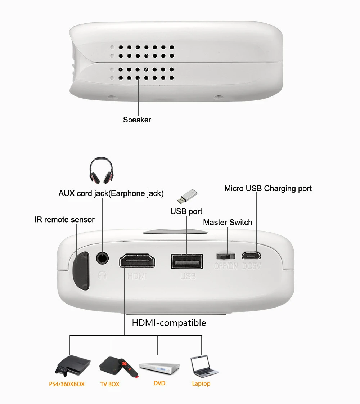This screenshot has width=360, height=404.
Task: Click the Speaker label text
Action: click(x=137, y=120)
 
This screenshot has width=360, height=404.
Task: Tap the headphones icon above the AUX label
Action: click(x=101, y=171)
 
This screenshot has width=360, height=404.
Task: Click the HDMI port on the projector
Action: click(x=137, y=261)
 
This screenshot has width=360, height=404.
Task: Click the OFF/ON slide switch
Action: click(x=225, y=256)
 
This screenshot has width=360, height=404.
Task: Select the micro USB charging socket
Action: click(x=251, y=256)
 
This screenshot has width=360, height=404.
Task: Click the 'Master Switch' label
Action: click(x=228, y=222)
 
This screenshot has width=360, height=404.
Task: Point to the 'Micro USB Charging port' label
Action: click(x=268, y=188)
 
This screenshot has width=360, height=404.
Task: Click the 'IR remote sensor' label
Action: click(x=64, y=219)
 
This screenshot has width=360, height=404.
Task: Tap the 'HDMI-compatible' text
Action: click(x=169, y=323)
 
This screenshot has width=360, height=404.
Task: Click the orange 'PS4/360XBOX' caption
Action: click(x=67, y=384)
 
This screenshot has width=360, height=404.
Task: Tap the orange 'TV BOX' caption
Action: click(x=109, y=384)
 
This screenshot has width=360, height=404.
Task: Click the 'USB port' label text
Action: click(x=186, y=211)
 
